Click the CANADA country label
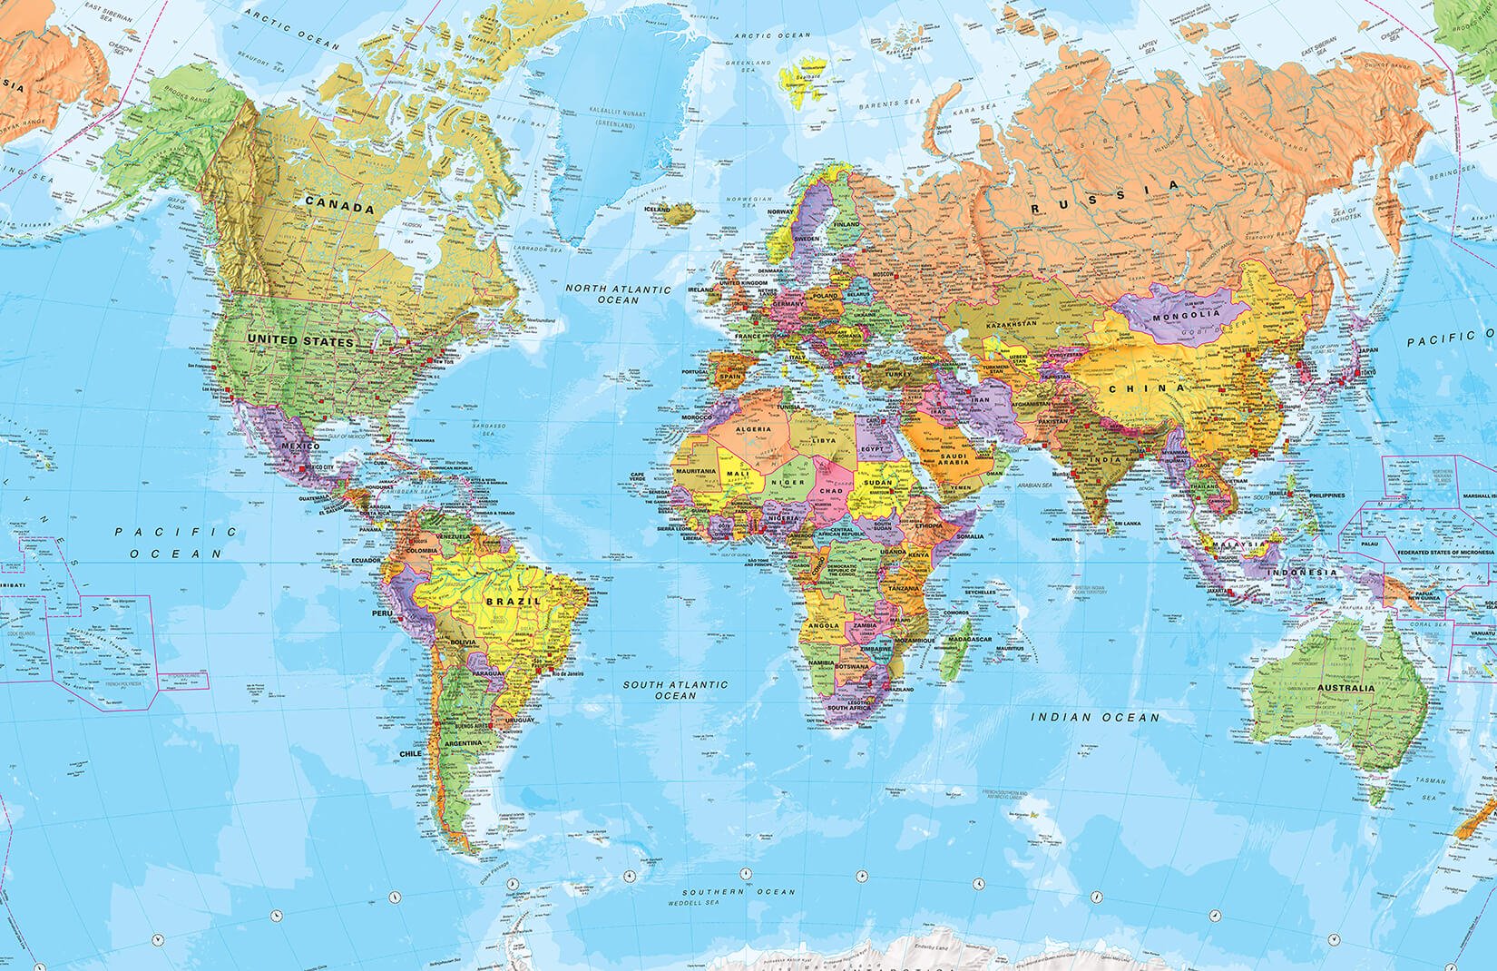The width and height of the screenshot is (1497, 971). pyautogui.click(x=339, y=208)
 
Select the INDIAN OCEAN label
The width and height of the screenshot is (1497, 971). pyautogui.click(x=1096, y=717)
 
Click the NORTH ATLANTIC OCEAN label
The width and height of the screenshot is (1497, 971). pyautogui.click(x=618, y=294)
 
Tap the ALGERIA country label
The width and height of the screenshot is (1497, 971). pyautogui.click(x=754, y=427)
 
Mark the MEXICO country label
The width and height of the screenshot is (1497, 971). pyautogui.click(x=299, y=446)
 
